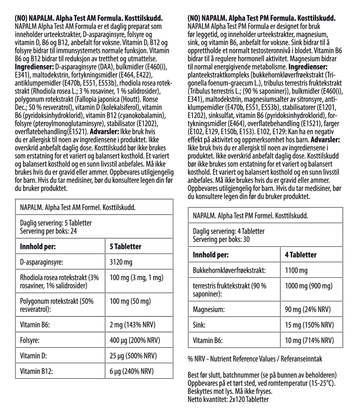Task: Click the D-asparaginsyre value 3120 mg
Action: [121, 262]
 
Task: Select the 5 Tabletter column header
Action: [125, 247]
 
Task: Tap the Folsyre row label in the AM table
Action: [30, 340]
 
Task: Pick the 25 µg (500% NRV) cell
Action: [133, 356]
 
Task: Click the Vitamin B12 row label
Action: [36, 371]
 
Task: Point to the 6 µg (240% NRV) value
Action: [131, 371]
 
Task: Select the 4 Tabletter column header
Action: [301, 255]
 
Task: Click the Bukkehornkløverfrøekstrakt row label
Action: [229, 270]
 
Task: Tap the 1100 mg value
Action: [296, 270]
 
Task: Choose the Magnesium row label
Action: [209, 309]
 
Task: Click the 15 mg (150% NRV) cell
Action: [309, 325]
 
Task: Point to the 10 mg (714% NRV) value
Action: [309, 340]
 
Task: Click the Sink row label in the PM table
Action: [199, 325]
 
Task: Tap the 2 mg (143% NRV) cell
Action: [132, 325]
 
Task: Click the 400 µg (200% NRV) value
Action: [135, 340]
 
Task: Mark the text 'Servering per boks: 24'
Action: [48, 231]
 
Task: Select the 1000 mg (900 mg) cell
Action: [309, 286]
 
